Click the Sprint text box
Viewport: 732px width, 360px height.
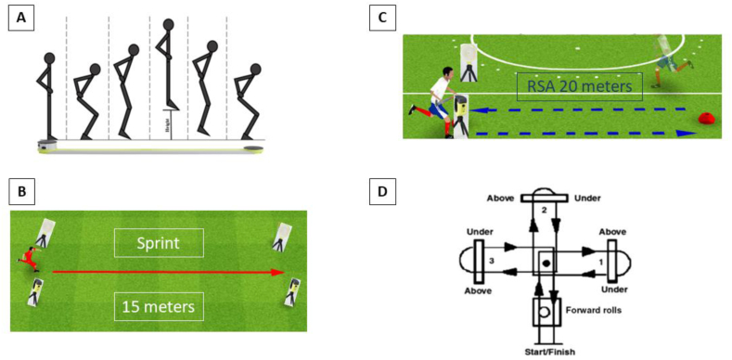tap(157, 244)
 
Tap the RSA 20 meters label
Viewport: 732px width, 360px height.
tap(579, 87)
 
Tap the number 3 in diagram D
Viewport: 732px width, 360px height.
tap(491, 263)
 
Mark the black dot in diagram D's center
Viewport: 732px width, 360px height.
tap(546, 263)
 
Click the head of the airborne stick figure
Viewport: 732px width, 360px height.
tap(168, 26)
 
